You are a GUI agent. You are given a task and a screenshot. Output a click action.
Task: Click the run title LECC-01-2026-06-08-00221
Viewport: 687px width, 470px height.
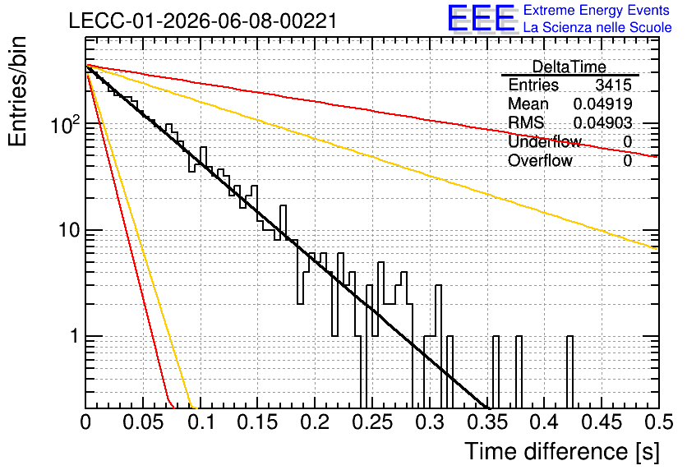pos(203,21)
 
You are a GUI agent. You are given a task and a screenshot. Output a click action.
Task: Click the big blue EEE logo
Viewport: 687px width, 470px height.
pos(482,18)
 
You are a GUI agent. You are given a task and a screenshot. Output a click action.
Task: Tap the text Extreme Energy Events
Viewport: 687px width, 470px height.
pos(597,10)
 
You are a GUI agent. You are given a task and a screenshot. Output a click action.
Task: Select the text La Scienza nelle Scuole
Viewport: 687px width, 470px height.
pos(597,27)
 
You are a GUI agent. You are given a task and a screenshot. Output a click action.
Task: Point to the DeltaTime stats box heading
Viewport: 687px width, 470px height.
pos(569,67)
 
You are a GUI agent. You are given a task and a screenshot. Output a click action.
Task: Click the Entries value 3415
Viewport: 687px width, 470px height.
pos(613,85)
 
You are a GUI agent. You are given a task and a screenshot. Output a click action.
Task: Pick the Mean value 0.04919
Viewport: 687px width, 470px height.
pos(602,104)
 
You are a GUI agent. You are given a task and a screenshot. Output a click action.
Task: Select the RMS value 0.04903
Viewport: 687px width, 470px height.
pos(602,122)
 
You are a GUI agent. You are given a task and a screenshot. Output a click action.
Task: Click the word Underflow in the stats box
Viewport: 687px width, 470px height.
pos(545,141)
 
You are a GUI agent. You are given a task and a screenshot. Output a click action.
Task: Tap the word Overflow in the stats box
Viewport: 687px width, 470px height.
pos(540,160)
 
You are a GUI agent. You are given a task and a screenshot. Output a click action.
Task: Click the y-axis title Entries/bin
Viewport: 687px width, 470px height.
pos(17,91)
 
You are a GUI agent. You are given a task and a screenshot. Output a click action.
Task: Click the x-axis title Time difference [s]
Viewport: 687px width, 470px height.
pos(562,452)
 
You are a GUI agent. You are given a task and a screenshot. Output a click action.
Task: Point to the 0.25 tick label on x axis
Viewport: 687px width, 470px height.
pos(372,422)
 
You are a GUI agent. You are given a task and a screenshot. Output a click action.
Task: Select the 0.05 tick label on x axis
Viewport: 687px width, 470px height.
pos(143,422)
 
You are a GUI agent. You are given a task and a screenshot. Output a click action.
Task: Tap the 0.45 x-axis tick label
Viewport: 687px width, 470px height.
pos(602,422)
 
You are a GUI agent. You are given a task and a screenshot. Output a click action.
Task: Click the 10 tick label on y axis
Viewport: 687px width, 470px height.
pos(69,230)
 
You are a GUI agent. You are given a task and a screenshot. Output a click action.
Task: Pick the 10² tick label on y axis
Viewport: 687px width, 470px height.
pos(66,124)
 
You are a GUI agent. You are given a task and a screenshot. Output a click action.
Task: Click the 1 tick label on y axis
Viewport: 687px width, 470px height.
pos(74,336)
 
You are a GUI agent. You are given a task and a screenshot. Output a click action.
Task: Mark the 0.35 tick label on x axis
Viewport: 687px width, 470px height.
pos(487,422)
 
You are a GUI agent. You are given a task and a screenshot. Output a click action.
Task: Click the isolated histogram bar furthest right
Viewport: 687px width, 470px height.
pos(569,372)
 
